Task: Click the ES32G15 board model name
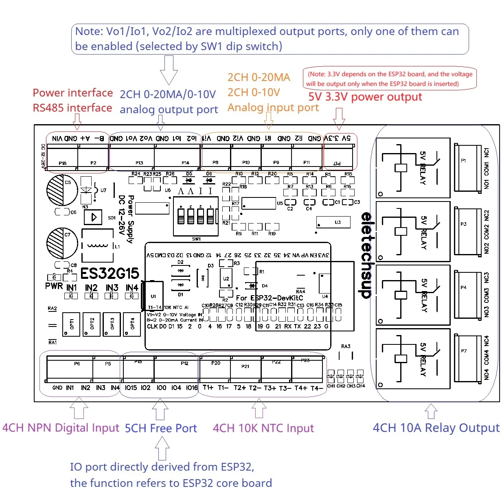(110, 273)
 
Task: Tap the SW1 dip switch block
(196, 216)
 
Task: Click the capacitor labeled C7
(62, 243)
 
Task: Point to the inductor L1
(98, 245)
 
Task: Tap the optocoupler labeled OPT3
(112, 324)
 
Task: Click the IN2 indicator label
(91, 288)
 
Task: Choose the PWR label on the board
(54, 286)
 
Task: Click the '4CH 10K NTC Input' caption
(263, 428)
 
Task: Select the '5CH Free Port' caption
(160, 428)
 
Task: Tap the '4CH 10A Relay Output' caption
(436, 428)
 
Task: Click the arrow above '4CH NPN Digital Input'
(79, 408)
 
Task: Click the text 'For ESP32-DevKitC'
(269, 298)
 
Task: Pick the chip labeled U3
(334, 223)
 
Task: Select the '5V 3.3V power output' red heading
(365, 97)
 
